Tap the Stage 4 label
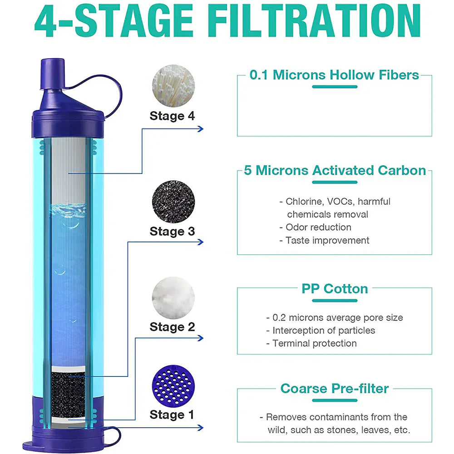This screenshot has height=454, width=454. click(x=172, y=116)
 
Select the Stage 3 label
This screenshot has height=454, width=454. click(x=172, y=231)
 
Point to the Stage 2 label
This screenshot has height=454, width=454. click(x=172, y=326)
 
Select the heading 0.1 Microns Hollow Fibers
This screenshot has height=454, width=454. click(x=334, y=75)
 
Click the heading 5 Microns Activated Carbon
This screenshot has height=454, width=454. click(x=335, y=170)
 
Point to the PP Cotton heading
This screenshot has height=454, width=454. click(x=335, y=289)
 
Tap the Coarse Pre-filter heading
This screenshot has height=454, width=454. click(x=335, y=389)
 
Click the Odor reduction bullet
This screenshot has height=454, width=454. click(x=318, y=227)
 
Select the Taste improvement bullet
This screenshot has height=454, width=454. click(x=327, y=240)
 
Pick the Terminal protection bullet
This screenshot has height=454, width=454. click(x=314, y=343)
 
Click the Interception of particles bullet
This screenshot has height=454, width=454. click(x=323, y=331)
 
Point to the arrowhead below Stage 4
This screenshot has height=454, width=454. click(x=200, y=128)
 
